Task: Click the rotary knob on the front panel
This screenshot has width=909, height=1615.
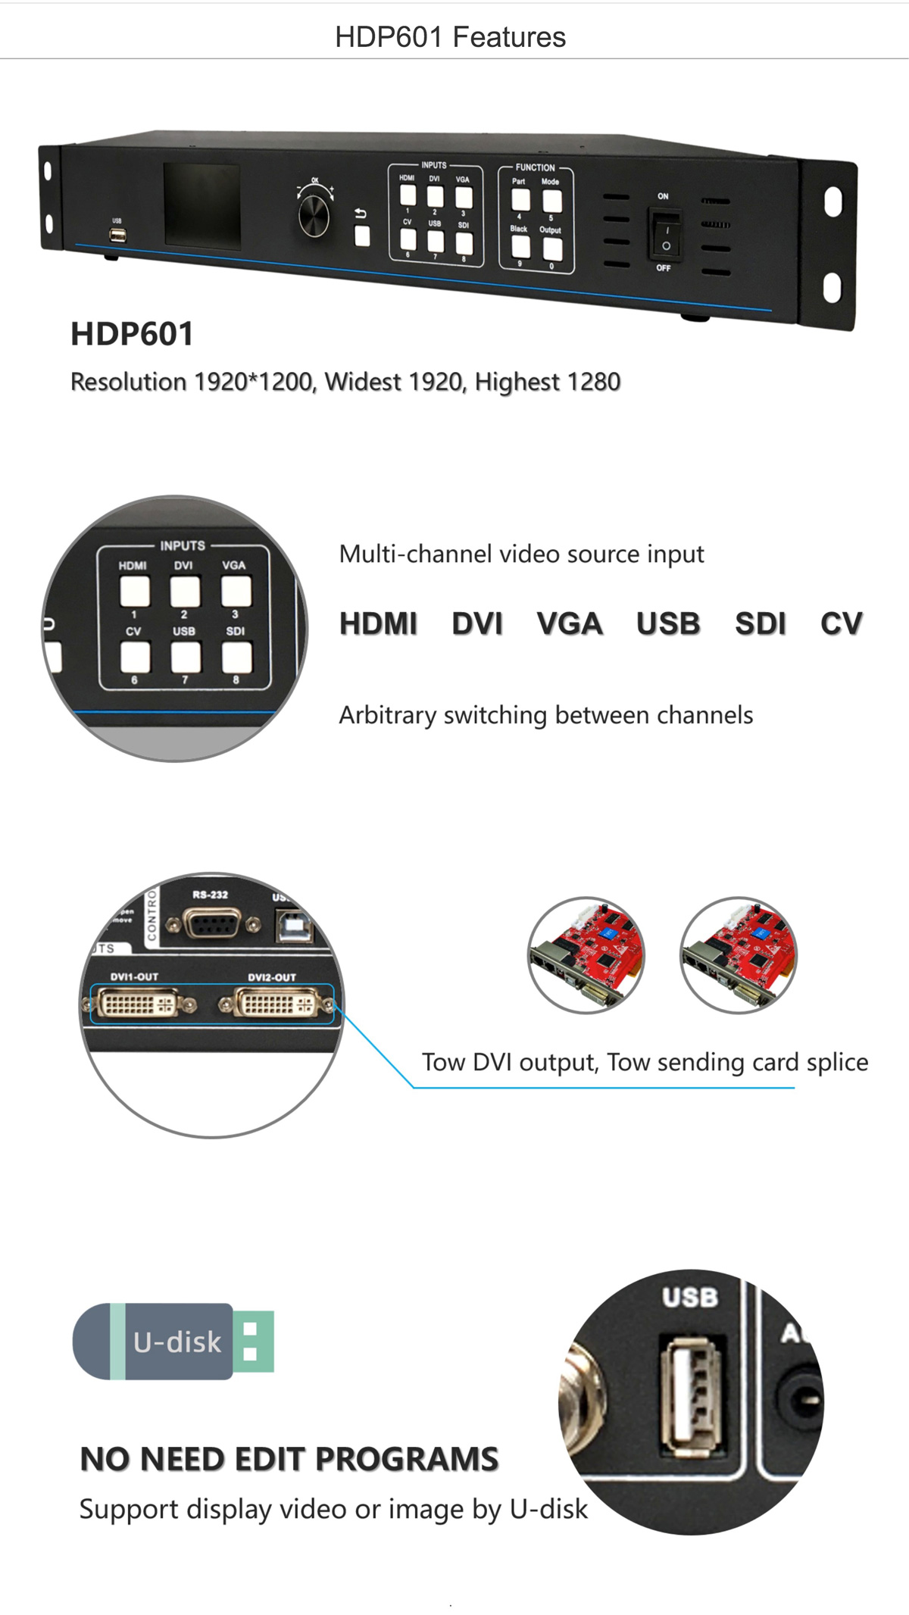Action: click(x=314, y=215)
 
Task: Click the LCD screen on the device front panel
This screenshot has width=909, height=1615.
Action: click(x=202, y=206)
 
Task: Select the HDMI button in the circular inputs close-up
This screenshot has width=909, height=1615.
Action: click(x=134, y=592)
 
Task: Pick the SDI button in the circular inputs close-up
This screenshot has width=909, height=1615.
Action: click(x=236, y=658)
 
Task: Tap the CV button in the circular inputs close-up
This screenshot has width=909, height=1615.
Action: click(x=134, y=658)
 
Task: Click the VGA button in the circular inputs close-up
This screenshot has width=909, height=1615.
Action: click(x=236, y=592)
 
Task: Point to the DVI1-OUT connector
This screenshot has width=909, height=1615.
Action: click(x=138, y=1004)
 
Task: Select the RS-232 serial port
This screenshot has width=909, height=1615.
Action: click(x=213, y=923)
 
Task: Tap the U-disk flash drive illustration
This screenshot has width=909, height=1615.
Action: click(x=173, y=1341)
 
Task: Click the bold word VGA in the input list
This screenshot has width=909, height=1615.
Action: click(x=569, y=624)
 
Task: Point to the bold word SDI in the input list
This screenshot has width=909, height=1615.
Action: click(x=760, y=624)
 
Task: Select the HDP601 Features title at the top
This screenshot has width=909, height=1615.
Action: click(x=450, y=37)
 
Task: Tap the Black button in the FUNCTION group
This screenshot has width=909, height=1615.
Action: click(x=520, y=247)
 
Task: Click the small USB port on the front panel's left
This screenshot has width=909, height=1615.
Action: click(x=117, y=235)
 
